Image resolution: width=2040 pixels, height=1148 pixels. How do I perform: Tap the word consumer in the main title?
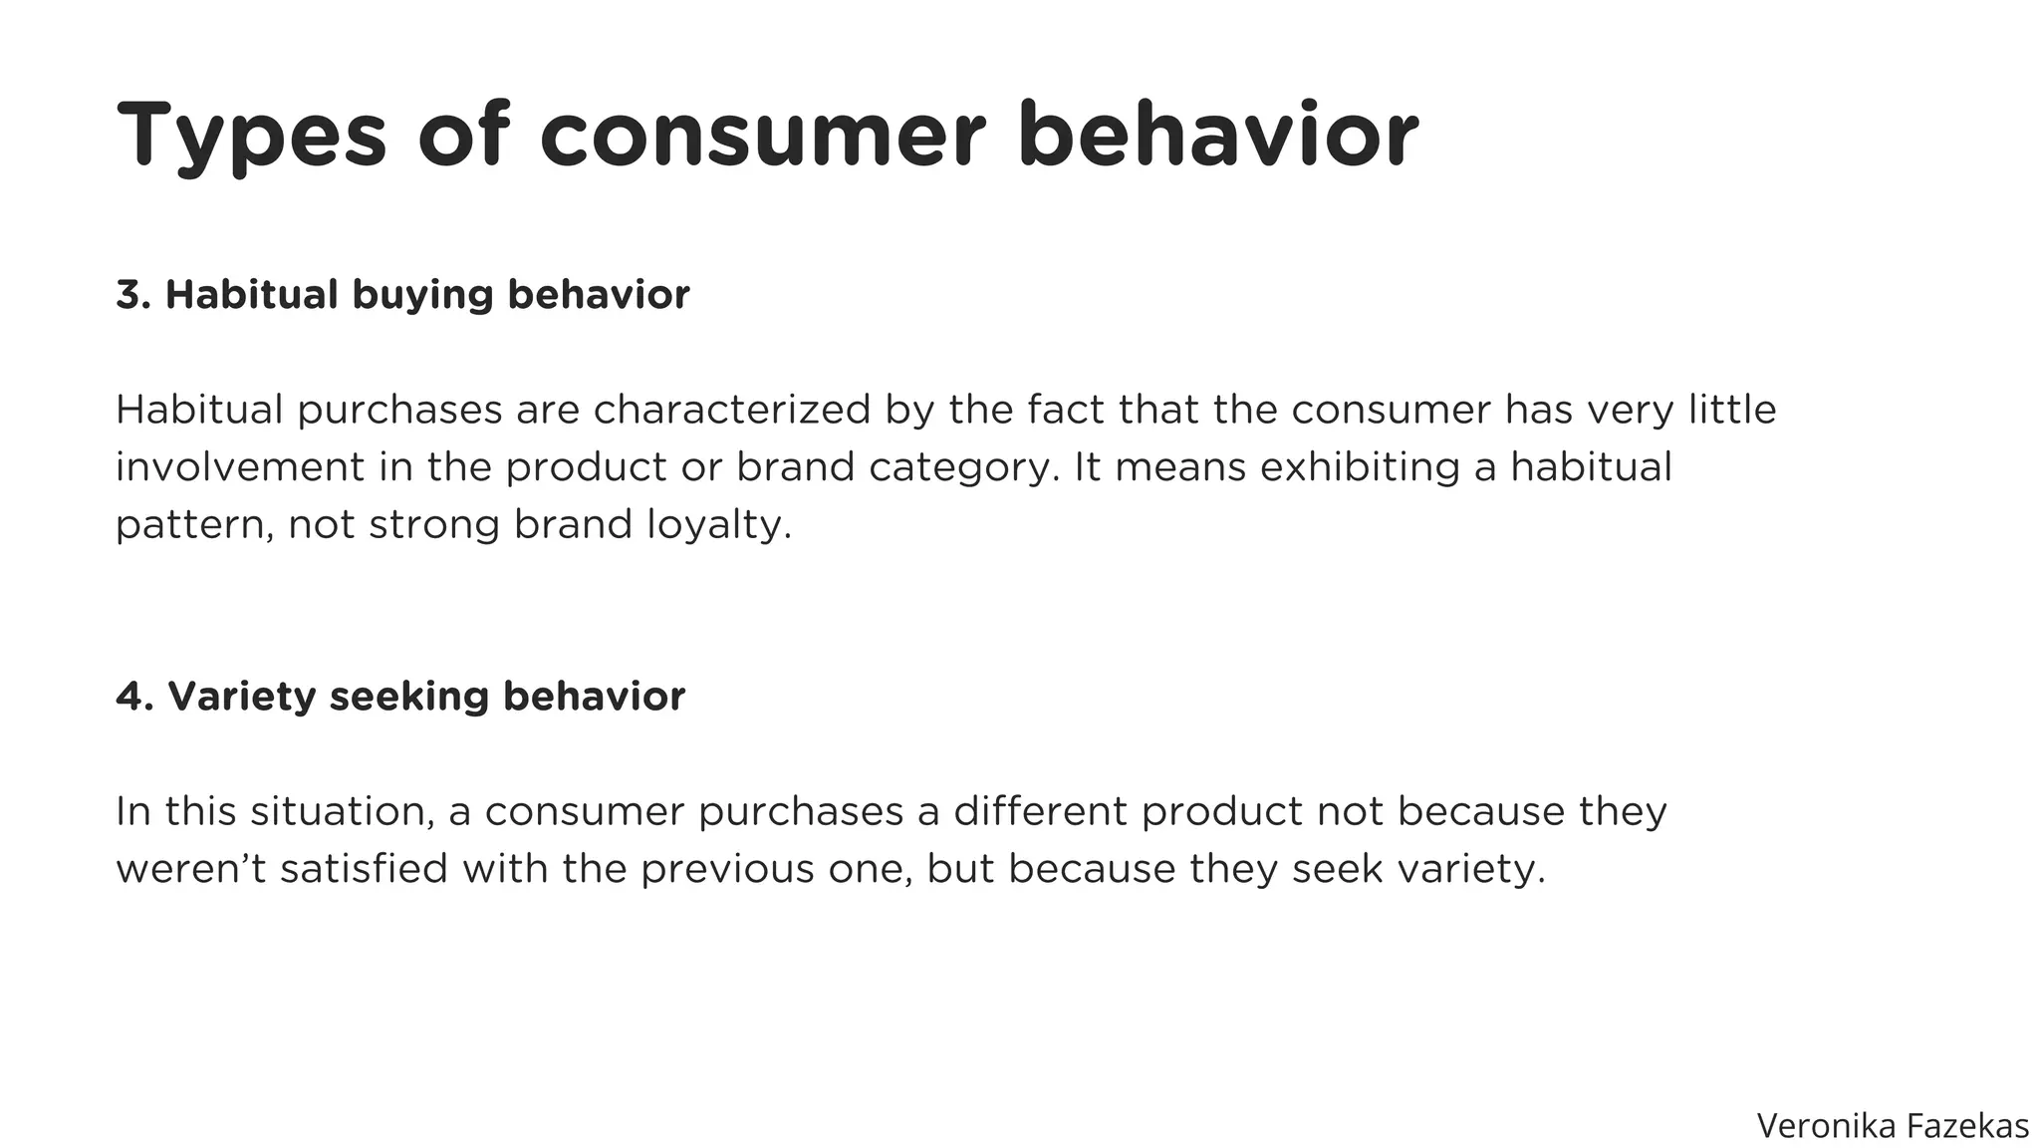tap(763, 136)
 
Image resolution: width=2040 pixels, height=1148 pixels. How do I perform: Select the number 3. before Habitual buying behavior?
tap(133, 295)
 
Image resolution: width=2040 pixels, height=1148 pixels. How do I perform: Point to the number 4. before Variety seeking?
tap(134, 697)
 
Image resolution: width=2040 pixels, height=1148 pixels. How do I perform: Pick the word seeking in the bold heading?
tap(408, 697)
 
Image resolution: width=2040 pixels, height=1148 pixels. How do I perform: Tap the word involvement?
tap(240, 467)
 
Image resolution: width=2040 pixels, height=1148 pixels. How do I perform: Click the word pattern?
tap(194, 525)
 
